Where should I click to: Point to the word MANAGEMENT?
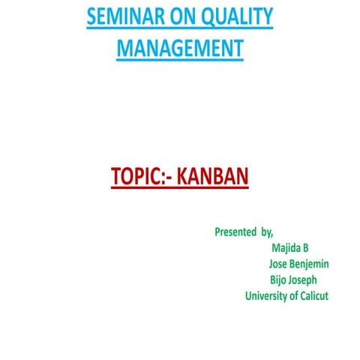point(180,49)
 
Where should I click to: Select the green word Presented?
point(235,232)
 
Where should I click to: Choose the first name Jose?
point(279,264)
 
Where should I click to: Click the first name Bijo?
point(280,280)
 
